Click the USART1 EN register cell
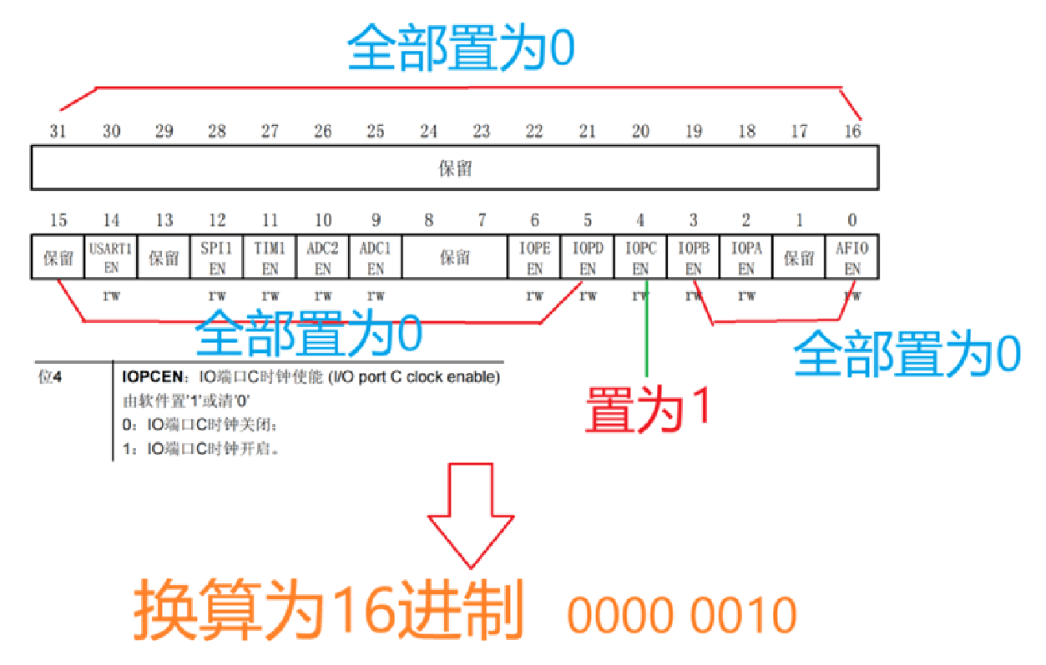pos(111,258)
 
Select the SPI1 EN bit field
pos(217,258)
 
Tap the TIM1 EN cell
pos(270,258)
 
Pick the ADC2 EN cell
pos(322,258)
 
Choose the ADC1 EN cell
pos(376,258)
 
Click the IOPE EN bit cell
pos(535,258)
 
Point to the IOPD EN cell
pos(588,258)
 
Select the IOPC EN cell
pos(640,258)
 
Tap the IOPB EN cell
pos(693,258)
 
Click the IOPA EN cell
pos(746,258)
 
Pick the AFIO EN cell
pos(851,258)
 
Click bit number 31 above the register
pos(58,131)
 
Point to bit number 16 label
pos(852,131)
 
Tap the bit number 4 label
pos(640,220)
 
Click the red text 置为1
pos(646,409)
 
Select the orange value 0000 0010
pos(682,616)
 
